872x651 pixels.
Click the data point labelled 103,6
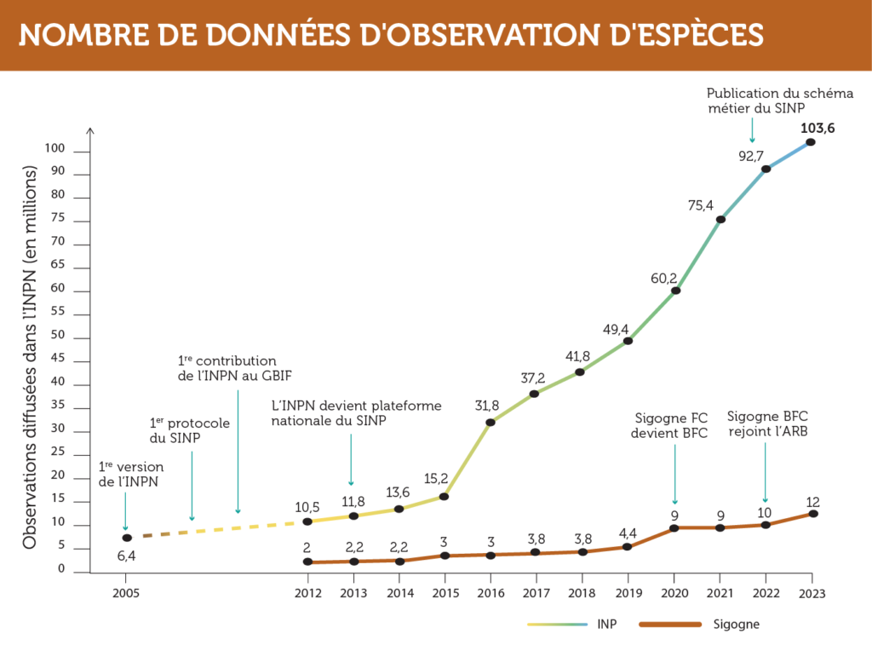(x=811, y=141)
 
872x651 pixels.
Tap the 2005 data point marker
(x=127, y=538)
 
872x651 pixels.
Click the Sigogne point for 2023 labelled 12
(x=813, y=513)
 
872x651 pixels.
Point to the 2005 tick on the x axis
(x=127, y=591)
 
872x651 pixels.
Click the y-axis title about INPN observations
(x=31, y=357)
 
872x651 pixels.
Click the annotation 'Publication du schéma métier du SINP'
(x=756, y=100)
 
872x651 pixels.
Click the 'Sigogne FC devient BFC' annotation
(x=674, y=425)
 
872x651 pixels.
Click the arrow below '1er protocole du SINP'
(x=192, y=487)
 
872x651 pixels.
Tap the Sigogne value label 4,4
(x=628, y=533)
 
